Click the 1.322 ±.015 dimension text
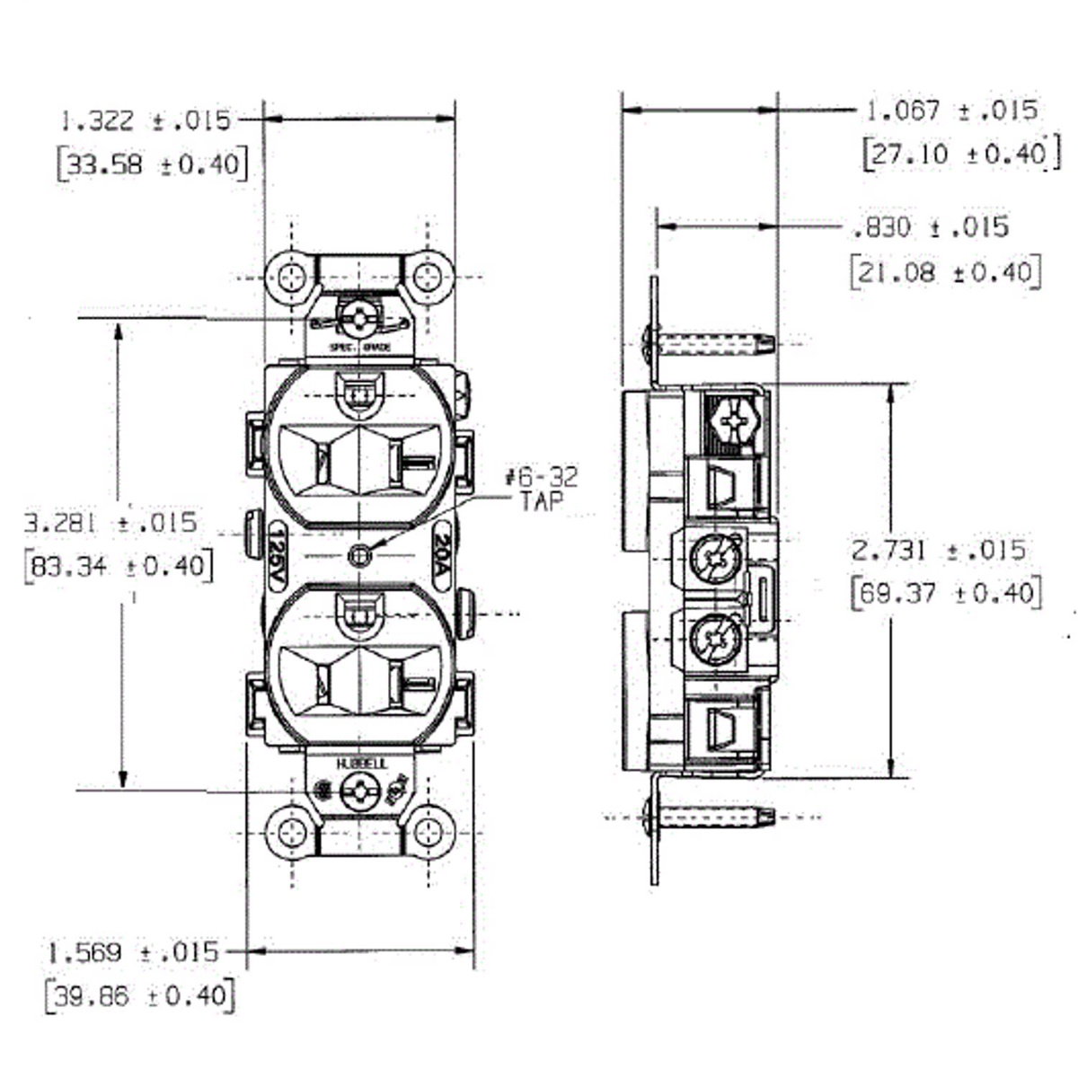click(146, 120)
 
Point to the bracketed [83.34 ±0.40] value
click(119, 567)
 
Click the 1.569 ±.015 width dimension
click(134, 952)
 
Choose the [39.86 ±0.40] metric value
click(139, 996)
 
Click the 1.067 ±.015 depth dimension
click(951, 110)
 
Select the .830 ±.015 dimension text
click(931, 227)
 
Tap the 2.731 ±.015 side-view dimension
click(939, 550)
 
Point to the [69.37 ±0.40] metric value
click(946, 594)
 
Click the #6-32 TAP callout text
click(542, 488)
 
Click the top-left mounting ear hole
click(291, 277)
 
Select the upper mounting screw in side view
click(710, 342)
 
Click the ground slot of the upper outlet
click(361, 394)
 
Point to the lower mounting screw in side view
click(710, 817)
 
